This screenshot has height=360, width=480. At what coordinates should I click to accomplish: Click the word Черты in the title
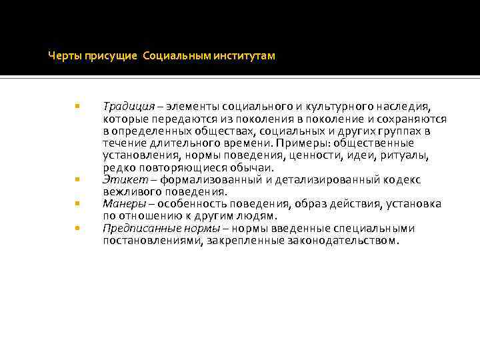tap(62, 57)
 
